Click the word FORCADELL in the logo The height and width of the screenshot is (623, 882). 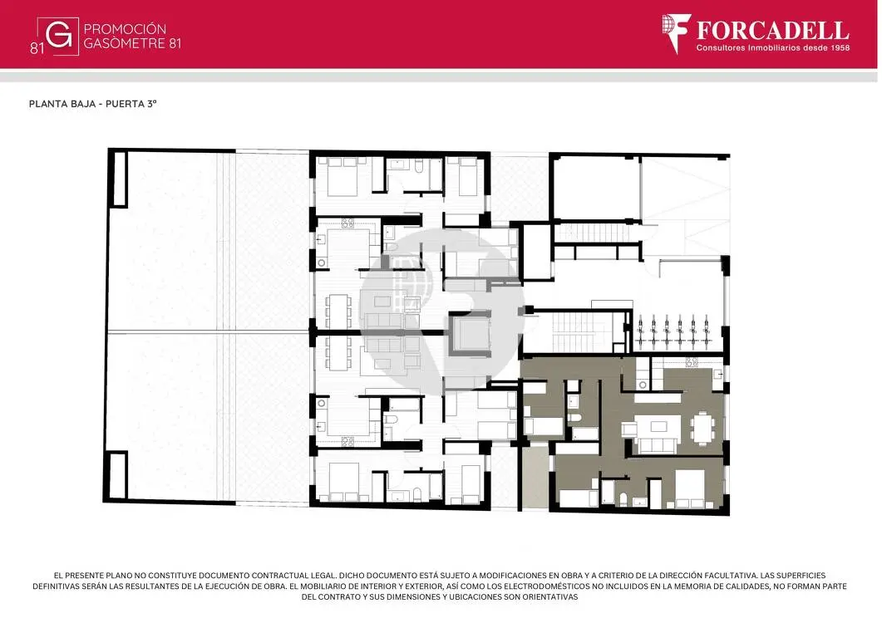(x=773, y=30)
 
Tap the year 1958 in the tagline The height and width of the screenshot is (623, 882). (x=840, y=48)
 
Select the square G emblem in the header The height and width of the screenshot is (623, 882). (x=58, y=37)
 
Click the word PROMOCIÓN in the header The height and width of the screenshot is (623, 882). (x=125, y=29)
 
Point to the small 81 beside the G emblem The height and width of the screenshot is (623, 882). (x=37, y=49)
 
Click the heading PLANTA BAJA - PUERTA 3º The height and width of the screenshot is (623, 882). (x=93, y=104)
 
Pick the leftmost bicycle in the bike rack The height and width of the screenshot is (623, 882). (x=640, y=333)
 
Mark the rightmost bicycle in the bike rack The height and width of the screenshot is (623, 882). (x=706, y=333)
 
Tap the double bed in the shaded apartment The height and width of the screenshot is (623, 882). (x=690, y=488)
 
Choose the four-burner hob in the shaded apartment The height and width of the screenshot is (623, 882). (x=692, y=363)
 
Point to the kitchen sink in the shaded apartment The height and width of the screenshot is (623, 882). (x=719, y=374)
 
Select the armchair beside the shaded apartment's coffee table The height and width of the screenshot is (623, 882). (x=628, y=429)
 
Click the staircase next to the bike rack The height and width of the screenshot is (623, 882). (x=577, y=331)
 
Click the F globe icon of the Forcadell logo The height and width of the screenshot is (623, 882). (x=676, y=33)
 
